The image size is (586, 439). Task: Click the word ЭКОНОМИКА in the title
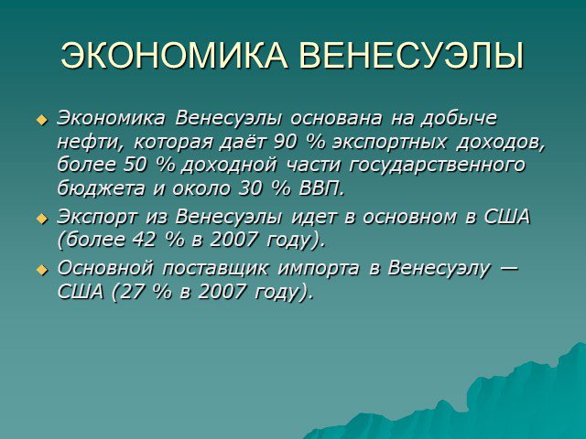[174, 56]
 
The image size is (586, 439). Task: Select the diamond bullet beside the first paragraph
[42, 120]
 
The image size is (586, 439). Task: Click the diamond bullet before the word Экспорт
[42, 219]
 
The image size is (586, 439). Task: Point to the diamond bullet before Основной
[42, 270]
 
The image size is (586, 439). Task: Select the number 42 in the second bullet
[145, 240]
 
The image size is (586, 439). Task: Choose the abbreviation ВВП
[321, 189]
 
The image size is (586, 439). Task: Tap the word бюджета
[101, 188]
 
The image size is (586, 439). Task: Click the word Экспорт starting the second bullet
[97, 218]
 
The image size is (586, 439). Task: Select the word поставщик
[215, 269]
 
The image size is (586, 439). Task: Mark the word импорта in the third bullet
[319, 270]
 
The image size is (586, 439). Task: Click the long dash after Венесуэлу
[508, 268]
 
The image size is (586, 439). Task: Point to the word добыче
[459, 119]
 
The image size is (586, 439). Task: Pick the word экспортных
[389, 144]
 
